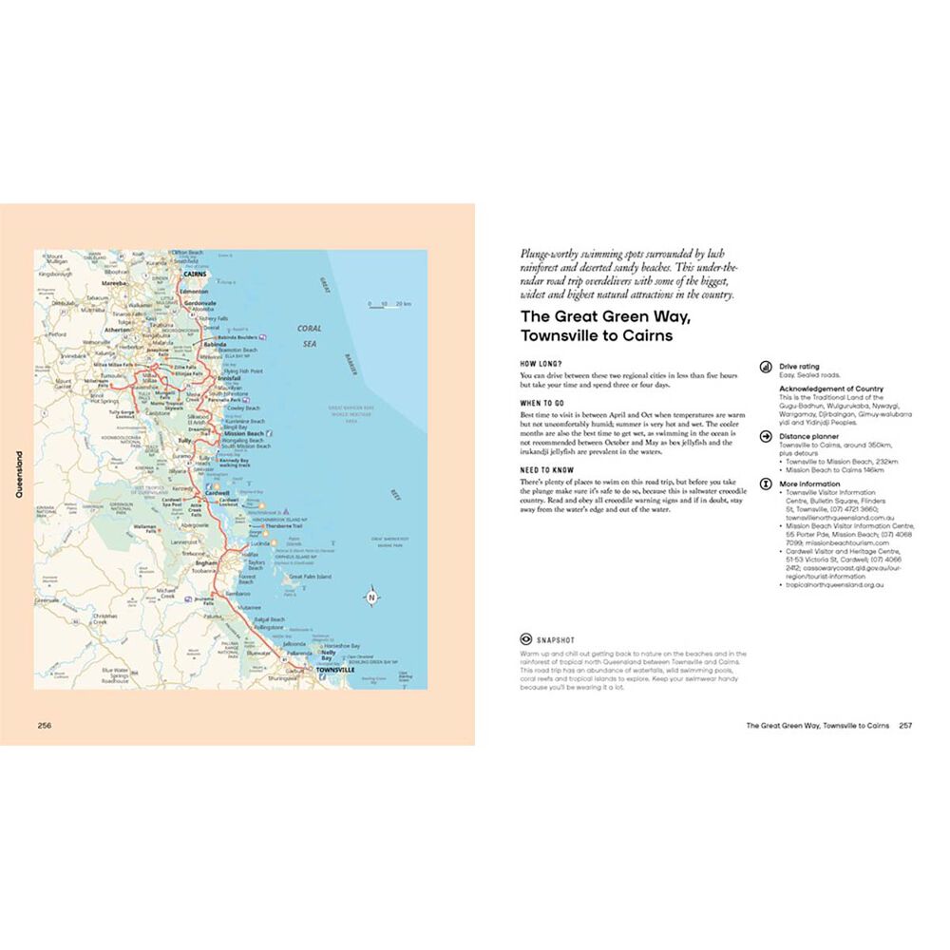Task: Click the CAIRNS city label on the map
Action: pyautogui.click(x=194, y=274)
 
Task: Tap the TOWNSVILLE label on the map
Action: pyautogui.click(x=322, y=671)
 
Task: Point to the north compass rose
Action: pyautogui.click(x=372, y=598)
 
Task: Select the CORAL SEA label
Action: pyautogui.click(x=309, y=335)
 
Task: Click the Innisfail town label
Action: pyautogui.click(x=231, y=377)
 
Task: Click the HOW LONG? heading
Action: pyautogui.click(x=541, y=363)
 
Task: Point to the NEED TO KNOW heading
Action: pyautogui.click(x=546, y=469)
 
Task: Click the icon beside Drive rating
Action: pyautogui.click(x=766, y=365)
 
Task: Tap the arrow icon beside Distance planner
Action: pyautogui.click(x=766, y=436)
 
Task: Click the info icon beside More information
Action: pyautogui.click(x=766, y=484)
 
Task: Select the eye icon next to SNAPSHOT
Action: pyautogui.click(x=524, y=639)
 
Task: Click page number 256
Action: pyautogui.click(x=45, y=725)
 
